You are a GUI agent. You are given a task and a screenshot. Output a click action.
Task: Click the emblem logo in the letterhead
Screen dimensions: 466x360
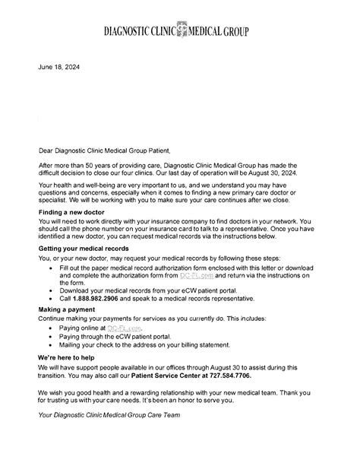pos(180,31)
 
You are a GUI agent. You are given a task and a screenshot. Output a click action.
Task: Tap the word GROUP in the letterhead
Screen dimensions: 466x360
pos(232,32)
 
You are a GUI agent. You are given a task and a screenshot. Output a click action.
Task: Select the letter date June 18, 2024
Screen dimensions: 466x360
pos(58,68)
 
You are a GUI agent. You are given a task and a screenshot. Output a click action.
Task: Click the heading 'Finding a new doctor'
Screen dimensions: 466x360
pos(72,215)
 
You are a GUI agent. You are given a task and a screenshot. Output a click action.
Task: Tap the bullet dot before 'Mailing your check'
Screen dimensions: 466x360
pos(50,344)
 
